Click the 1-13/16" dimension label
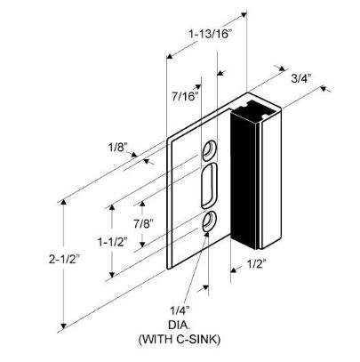(x=210, y=34)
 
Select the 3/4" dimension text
(x=301, y=78)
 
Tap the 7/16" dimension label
(x=185, y=96)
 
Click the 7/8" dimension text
(x=143, y=223)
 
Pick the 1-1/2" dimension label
(x=113, y=242)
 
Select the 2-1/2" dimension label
(x=65, y=260)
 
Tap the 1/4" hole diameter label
(x=180, y=310)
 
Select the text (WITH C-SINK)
(x=180, y=339)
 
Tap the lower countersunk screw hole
(x=210, y=221)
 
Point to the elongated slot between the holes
(x=210, y=185)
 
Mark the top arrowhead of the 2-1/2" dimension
(x=63, y=202)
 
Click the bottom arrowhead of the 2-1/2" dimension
(x=63, y=326)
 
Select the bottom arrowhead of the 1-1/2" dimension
(x=112, y=275)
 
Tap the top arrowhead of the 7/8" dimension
(x=142, y=204)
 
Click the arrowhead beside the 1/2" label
(x=233, y=269)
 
